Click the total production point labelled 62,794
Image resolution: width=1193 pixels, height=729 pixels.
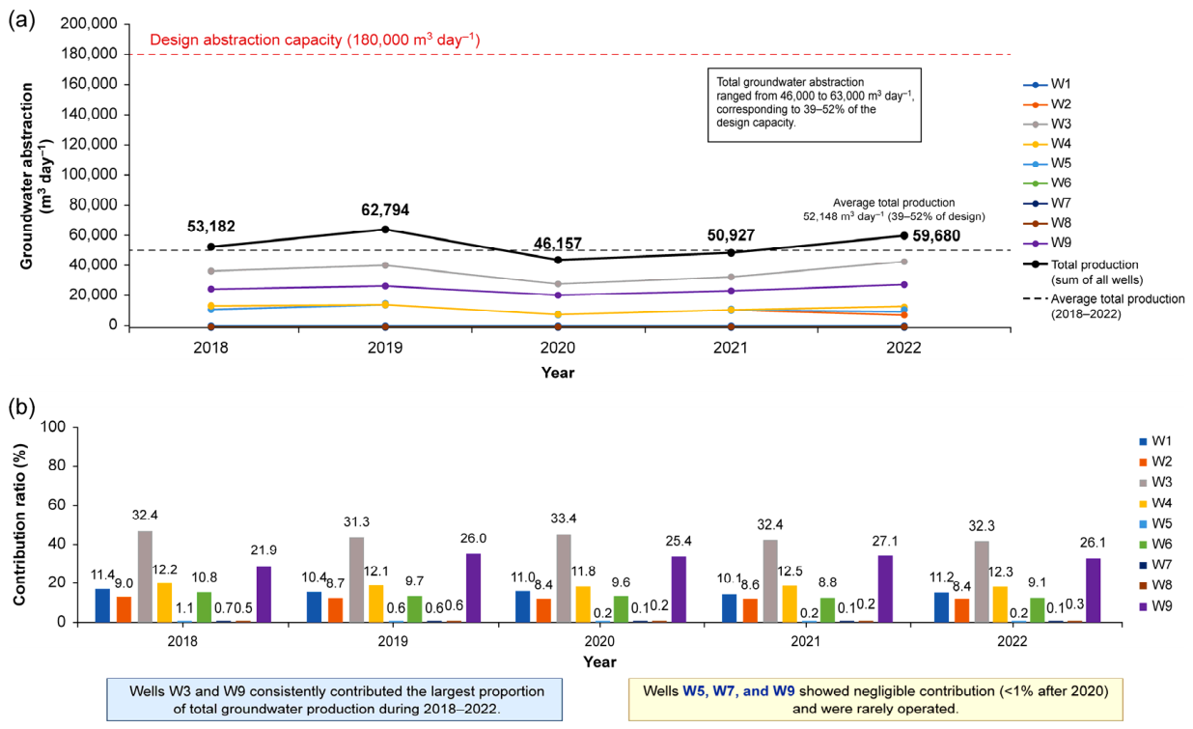point(385,230)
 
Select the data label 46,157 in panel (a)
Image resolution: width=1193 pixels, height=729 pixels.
point(558,243)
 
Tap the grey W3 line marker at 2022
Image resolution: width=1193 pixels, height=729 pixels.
point(903,262)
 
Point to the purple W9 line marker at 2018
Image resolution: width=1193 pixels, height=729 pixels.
point(211,290)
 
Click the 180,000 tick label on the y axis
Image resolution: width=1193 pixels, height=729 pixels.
point(89,54)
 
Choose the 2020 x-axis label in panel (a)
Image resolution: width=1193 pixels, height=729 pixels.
point(558,348)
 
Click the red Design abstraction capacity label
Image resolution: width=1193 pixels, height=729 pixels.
point(315,40)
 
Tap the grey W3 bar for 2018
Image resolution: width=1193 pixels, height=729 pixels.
point(145,576)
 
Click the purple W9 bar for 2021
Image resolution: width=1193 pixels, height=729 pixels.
point(885,589)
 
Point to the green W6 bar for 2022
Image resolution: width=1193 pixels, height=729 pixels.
point(1037,610)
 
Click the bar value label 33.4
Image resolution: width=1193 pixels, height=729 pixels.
point(564,518)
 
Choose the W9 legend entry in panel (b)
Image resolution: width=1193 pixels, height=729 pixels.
point(1156,606)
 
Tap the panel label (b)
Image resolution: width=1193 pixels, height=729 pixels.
point(22,407)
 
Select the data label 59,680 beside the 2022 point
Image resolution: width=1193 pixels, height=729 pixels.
point(936,236)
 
